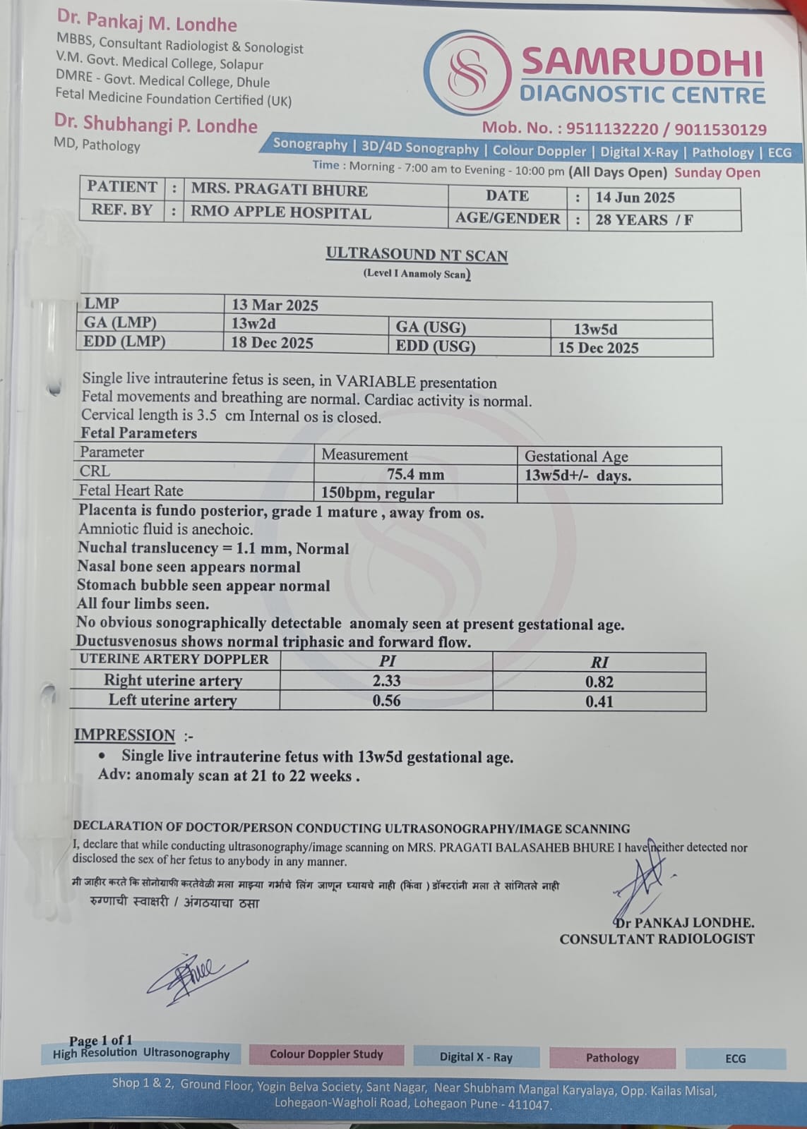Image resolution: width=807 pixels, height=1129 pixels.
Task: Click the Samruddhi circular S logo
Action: pyautogui.click(x=468, y=72)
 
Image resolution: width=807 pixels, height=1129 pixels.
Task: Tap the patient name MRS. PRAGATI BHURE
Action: pyautogui.click(x=279, y=190)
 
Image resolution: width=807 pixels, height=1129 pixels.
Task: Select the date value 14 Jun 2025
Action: pyautogui.click(x=635, y=198)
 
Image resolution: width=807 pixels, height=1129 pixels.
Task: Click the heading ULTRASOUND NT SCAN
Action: pyautogui.click(x=417, y=255)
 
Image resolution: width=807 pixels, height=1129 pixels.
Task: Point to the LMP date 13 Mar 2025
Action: pyautogui.click(x=275, y=305)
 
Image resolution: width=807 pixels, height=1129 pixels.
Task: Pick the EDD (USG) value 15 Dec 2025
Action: pyautogui.click(x=598, y=348)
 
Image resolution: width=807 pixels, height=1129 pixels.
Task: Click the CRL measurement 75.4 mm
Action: pyautogui.click(x=415, y=474)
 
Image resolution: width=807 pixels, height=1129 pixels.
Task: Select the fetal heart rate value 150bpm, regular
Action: pyautogui.click(x=378, y=493)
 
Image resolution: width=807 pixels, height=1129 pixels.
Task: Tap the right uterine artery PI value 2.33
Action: pyautogui.click(x=386, y=681)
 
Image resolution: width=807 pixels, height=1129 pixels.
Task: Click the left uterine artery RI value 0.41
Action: pyautogui.click(x=599, y=701)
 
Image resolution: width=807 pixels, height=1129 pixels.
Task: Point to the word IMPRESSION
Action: pyautogui.click(x=124, y=735)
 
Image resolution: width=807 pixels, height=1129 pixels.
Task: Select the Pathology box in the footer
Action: pyautogui.click(x=611, y=1058)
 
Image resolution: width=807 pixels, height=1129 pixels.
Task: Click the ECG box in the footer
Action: pyautogui.click(x=735, y=1058)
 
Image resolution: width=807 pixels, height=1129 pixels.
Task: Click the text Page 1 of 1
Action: pyautogui.click(x=100, y=1040)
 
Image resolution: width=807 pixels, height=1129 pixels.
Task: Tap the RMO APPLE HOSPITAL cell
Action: pyautogui.click(x=280, y=212)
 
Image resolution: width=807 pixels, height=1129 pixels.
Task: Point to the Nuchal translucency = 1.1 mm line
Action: pyautogui.click(x=213, y=548)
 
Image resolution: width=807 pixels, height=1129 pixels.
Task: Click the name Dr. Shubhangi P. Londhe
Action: pyautogui.click(x=156, y=125)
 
